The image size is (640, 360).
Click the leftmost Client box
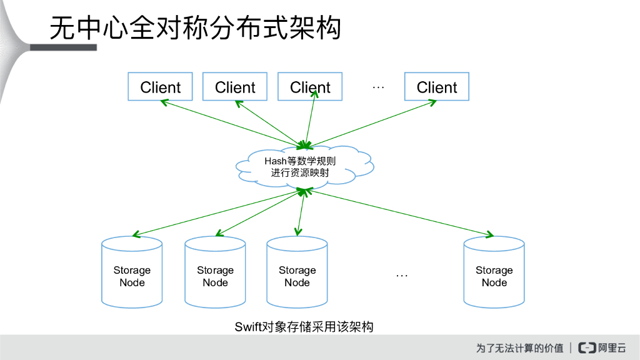pyautogui.click(x=160, y=87)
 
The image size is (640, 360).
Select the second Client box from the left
pyautogui.click(x=235, y=87)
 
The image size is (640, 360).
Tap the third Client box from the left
pyautogui.click(x=310, y=87)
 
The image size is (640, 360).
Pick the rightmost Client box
pyautogui.click(x=437, y=87)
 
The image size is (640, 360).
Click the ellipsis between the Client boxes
pyautogui.click(x=378, y=87)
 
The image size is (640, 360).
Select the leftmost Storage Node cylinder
pyautogui.click(x=132, y=272)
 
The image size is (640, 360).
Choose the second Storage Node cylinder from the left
pyautogui.click(x=215, y=272)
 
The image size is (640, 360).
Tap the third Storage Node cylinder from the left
pyautogui.click(x=297, y=272)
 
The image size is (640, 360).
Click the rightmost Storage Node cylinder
pyautogui.click(x=494, y=272)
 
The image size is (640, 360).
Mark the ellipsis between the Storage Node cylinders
pyautogui.click(x=402, y=275)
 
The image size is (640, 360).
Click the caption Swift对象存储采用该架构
pyautogui.click(x=304, y=326)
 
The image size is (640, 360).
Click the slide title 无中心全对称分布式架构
pyautogui.click(x=196, y=28)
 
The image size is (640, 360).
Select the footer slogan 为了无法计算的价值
pyautogui.click(x=519, y=347)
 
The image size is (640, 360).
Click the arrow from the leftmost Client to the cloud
pyautogui.click(x=234, y=121)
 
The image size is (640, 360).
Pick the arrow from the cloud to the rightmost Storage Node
pyautogui.click(x=400, y=213)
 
